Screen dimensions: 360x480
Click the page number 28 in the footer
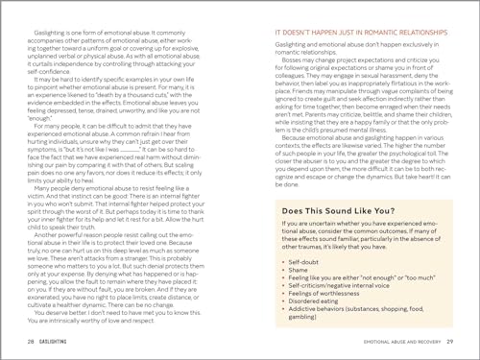(x=30, y=343)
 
